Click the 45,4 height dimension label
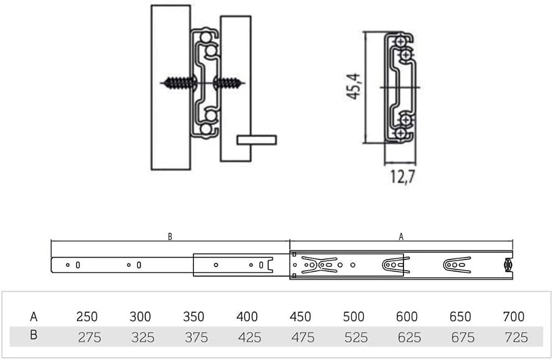point(353,86)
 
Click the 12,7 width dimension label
point(402,177)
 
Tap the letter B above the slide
point(170,237)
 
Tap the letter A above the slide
point(401,237)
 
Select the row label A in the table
point(33,317)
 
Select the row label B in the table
point(33,334)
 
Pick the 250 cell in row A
point(87,317)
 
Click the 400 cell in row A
point(247,317)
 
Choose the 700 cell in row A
point(514,317)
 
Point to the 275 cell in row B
point(89,337)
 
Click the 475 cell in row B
point(303,337)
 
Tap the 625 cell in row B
point(410,337)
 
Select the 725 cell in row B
point(516,337)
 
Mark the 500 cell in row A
point(353,317)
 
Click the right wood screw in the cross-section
point(229,83)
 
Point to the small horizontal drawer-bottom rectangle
point(257,140)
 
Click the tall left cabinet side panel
point(171,87)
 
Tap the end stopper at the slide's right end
point(508,265)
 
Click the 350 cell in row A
point(193,317)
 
